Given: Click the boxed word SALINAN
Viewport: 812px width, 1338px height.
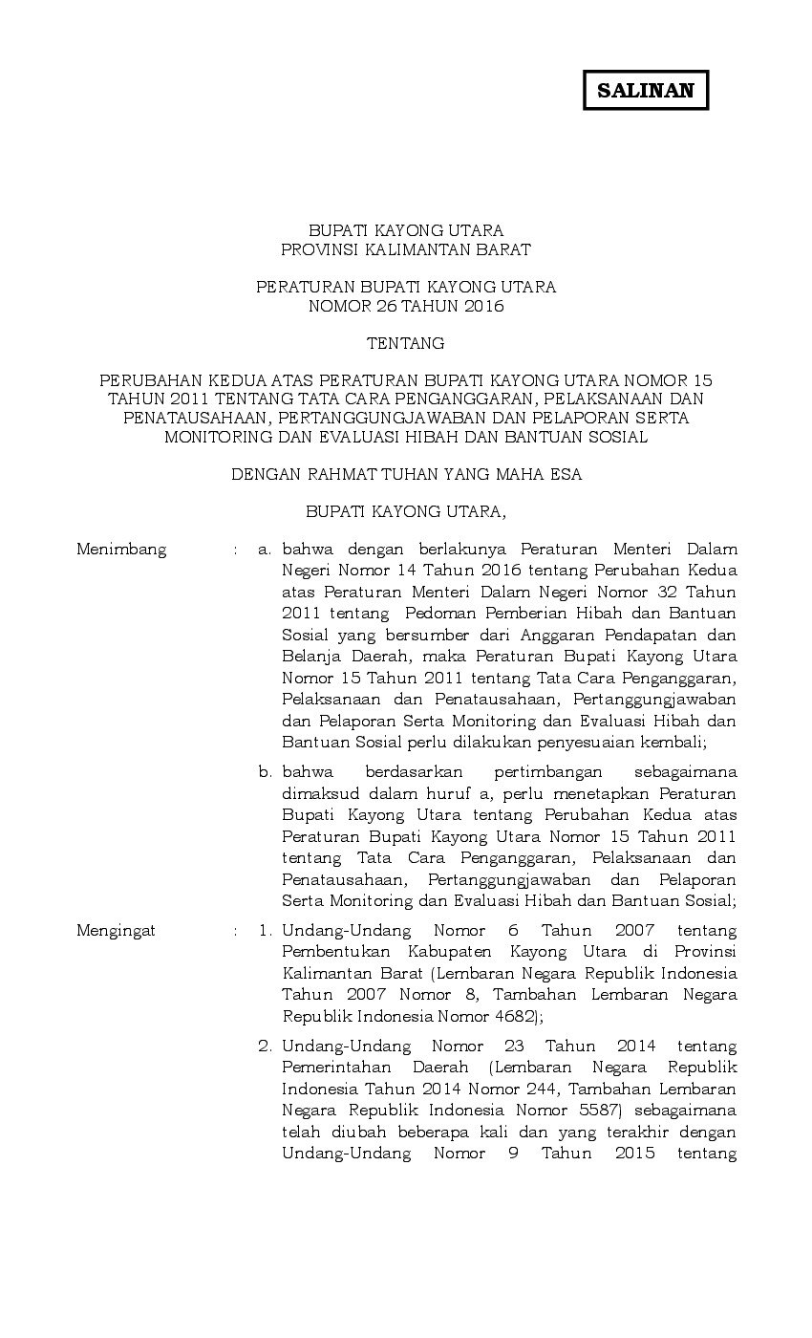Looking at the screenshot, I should (645, 91).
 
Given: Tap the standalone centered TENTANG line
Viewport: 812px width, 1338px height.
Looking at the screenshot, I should (406, 343).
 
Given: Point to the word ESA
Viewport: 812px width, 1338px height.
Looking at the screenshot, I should (565, 474).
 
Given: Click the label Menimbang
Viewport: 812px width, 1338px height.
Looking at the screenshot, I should (121, 550).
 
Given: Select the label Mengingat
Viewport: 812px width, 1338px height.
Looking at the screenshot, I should (116, 931).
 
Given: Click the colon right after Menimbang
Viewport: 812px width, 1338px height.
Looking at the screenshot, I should (234, 550).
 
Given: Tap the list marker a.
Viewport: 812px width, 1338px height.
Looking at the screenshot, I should (266, 550).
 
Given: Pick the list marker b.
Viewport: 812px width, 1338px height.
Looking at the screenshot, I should (266, 772).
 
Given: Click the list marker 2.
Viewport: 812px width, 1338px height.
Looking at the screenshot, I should (266, 1047).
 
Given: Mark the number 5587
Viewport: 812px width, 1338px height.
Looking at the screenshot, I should (599, 1111).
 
